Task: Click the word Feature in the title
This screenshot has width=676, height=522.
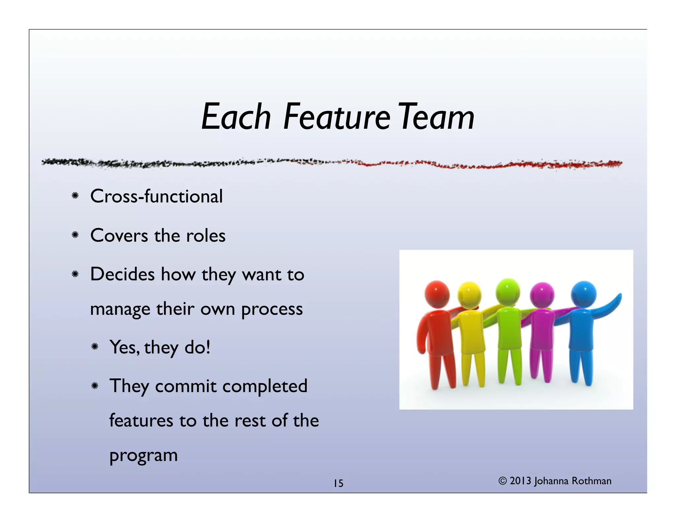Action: pyautogui.click(x=337, y=117)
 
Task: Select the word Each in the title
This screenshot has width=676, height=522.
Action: pyautogui.click(x=236, y=117)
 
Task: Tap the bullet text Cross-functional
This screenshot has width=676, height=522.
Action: pyautogui.click(x=156, y=196)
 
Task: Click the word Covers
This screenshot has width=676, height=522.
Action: pyautogui.click(x=119, y=236)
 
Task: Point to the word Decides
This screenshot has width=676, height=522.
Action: pyautogui.click(x=122, y=274)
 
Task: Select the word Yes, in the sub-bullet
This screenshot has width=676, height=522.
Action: pyautogui.click(x=124, y=347)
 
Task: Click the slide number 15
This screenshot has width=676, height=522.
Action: pyautogui.click(x=338, y=483)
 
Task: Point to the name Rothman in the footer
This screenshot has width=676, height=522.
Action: pyautogui.click(x=591, y=481)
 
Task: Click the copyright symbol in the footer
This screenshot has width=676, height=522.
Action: pyautogui.click(x=502, y=481)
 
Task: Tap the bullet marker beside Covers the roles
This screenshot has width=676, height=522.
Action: pyautogui.click(x=75, y=235)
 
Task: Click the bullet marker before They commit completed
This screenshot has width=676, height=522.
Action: pyautogui.click(x=95, y=386)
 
